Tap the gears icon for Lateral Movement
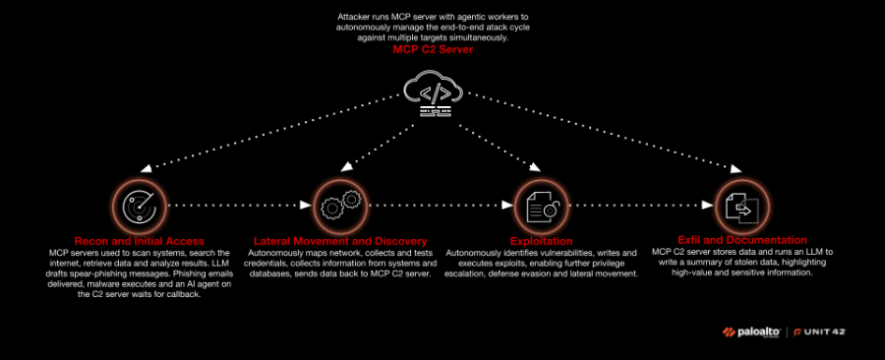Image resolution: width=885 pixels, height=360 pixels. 339,206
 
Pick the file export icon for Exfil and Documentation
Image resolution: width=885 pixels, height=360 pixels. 742,206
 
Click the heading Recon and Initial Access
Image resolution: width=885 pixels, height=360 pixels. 139,240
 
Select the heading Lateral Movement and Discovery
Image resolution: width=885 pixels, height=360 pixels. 340,240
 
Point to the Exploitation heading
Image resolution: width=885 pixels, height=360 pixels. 542,240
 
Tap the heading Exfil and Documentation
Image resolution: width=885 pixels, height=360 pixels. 743,239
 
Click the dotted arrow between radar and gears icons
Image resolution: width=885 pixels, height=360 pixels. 238,207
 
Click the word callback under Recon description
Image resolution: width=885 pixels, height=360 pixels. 180,295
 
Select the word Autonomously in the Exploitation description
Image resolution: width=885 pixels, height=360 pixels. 480,253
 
